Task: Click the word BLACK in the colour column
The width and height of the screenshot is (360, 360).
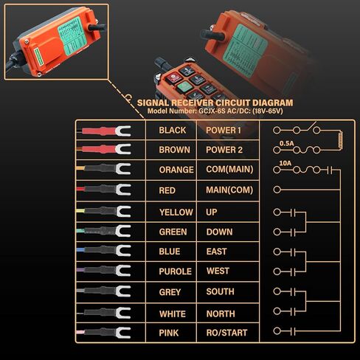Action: [x=173, y=131]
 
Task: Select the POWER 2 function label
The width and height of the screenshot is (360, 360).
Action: [x=224, y=150]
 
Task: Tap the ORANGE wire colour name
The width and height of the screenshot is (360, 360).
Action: [x=176, y=170]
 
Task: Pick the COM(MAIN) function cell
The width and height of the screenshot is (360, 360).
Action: [x=230, y=170]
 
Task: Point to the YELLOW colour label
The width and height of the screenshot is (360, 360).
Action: [x=176, y=212]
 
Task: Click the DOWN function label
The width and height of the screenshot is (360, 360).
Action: [x=219, y=232]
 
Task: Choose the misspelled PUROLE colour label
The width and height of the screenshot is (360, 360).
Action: [x=176, y=271]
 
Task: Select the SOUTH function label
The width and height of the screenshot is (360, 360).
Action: [x=220, y=291]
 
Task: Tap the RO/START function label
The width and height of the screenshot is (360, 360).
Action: [x=228, y=333]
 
